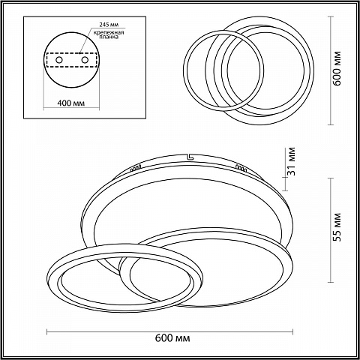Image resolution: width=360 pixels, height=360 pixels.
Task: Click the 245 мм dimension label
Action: [x=109, y=25]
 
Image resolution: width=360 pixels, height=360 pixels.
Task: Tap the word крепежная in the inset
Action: [x=109, y=32]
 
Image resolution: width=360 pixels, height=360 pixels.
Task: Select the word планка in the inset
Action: [x=109, y=37]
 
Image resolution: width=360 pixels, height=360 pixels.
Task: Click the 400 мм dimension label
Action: [x=71, y=103]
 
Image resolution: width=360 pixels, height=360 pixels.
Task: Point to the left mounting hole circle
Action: [x=59, y=60]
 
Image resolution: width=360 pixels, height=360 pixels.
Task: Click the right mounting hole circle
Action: [x=85, y=60]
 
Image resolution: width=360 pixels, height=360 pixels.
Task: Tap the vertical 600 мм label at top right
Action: [x=337, y=68]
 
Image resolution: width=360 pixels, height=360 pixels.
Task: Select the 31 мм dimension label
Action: [x=292, y=161]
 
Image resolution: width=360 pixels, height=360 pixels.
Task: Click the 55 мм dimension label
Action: [x=337, y=227]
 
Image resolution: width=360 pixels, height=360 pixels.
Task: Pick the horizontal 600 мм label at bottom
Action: [x=172, y=338]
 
